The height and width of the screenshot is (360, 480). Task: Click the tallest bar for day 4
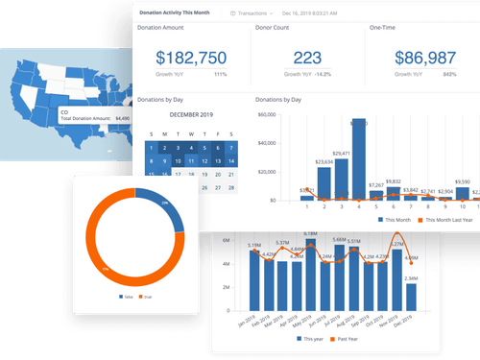click(358, 159)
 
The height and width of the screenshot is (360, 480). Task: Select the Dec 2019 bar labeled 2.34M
click(411, 300)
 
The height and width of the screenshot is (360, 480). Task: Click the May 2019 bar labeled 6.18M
click(309, 276)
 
